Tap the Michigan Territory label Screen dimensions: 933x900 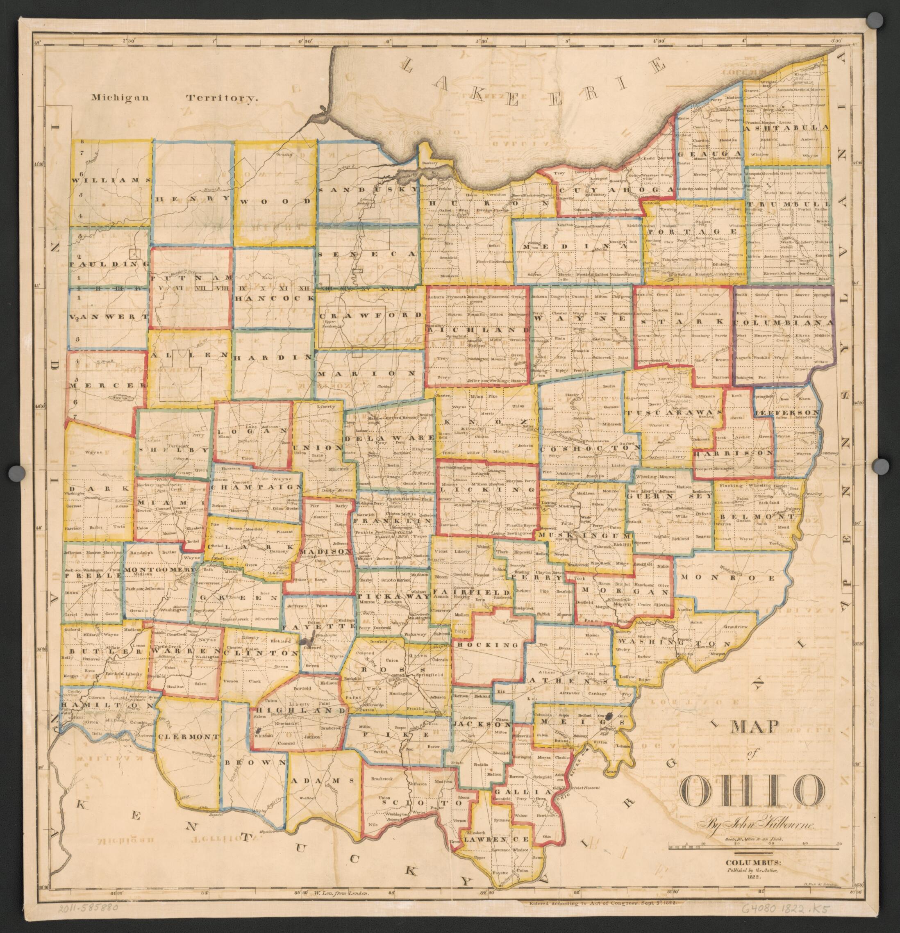point(175,98)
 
